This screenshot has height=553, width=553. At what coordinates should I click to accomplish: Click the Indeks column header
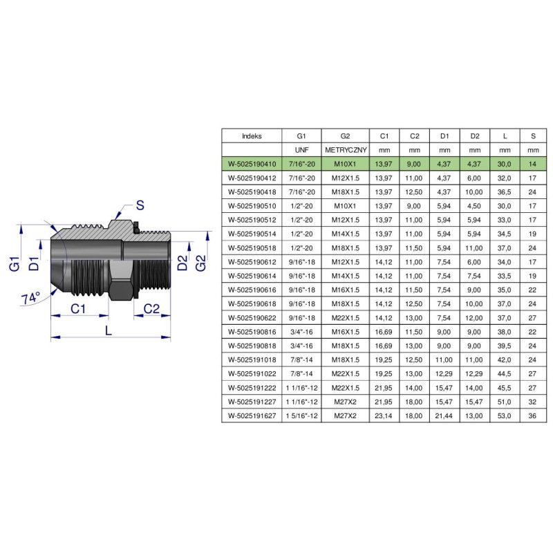point(252,136)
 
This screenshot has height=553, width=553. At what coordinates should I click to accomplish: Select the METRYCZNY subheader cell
point(345,150)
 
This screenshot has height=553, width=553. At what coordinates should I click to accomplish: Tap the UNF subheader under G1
point(301,150)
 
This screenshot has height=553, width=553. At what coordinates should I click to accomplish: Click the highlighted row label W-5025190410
point(252,164)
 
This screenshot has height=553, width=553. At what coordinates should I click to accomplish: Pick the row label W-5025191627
point(252,416)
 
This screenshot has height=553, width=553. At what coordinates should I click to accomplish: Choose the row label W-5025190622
point(252,318)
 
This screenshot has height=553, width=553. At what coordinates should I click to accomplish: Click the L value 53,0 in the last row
point(505,416)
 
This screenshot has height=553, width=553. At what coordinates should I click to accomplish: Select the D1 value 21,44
point(444,416)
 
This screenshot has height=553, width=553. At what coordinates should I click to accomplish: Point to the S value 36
point(532,416)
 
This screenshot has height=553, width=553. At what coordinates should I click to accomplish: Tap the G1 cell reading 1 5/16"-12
point(301,416)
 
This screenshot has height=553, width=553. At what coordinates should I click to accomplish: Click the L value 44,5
point(505,374)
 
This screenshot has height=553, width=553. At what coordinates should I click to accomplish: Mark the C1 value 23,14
point(384,416)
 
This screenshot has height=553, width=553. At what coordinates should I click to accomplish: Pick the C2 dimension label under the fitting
point(151,308)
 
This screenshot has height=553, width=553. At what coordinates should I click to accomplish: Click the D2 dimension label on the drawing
point(181,263)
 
